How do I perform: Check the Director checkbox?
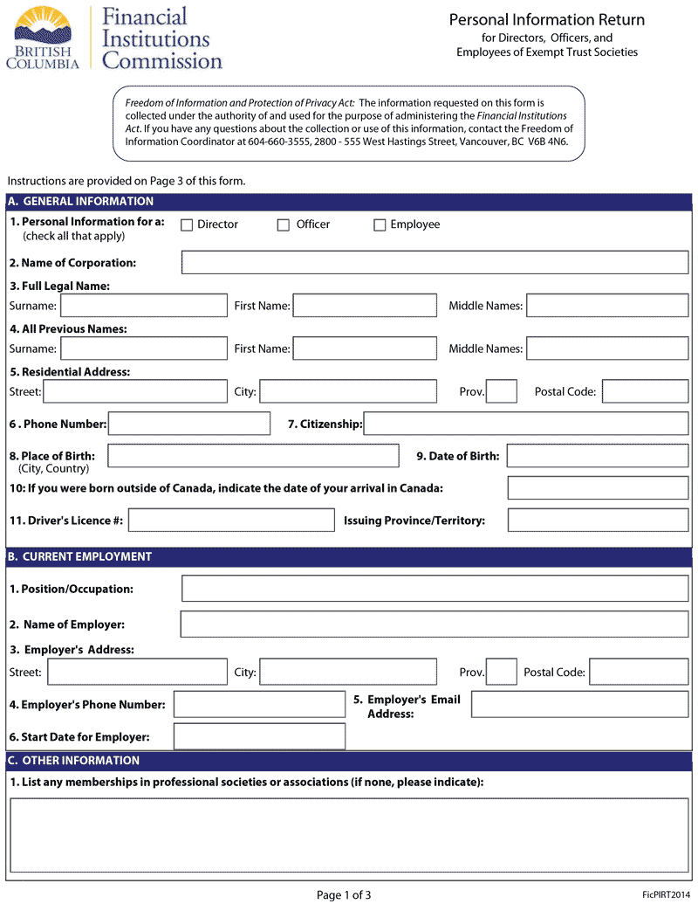(187, 225)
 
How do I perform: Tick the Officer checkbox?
(284, 225)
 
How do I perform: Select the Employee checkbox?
(380, 225)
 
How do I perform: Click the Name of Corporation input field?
(435, 263)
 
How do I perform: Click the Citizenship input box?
(526, 424)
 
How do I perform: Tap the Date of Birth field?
(598, 456)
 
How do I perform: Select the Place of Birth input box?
(253, 456)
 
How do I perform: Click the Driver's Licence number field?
(231, 521)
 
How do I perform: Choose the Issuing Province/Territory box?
(598, 521)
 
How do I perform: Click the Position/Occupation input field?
(435, 589)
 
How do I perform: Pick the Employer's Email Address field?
(579, 705)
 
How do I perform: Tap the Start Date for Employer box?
(259, 736)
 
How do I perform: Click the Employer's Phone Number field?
(259, 705)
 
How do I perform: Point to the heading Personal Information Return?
(547, 20)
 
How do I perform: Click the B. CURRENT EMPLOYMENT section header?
(79, 556)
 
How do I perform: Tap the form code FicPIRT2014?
(666, 895)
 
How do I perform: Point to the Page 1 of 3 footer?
(344, 894)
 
